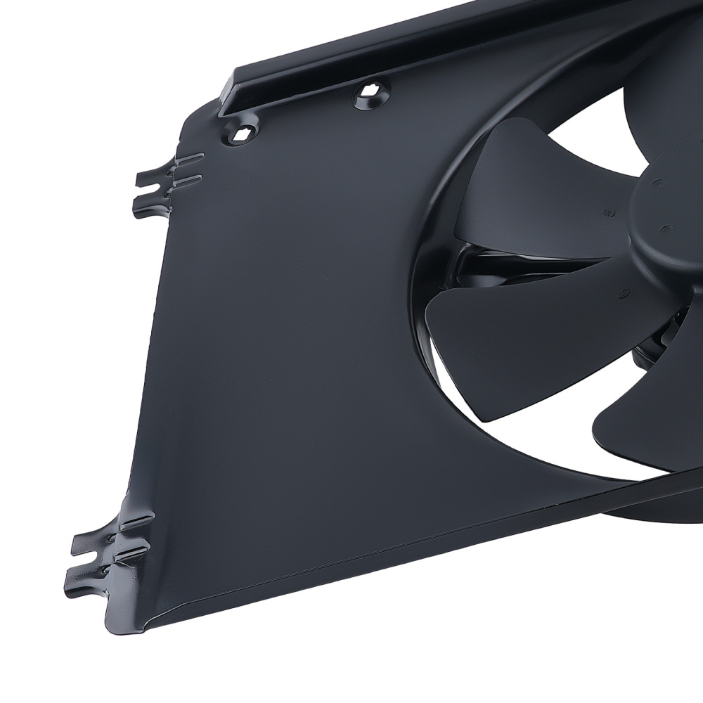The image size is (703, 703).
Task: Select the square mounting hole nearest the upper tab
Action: click(x=242, y=134)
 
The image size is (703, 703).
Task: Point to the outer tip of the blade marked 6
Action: click(x=439, y=309)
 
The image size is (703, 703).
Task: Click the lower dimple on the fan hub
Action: click(x=665, y=229)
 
